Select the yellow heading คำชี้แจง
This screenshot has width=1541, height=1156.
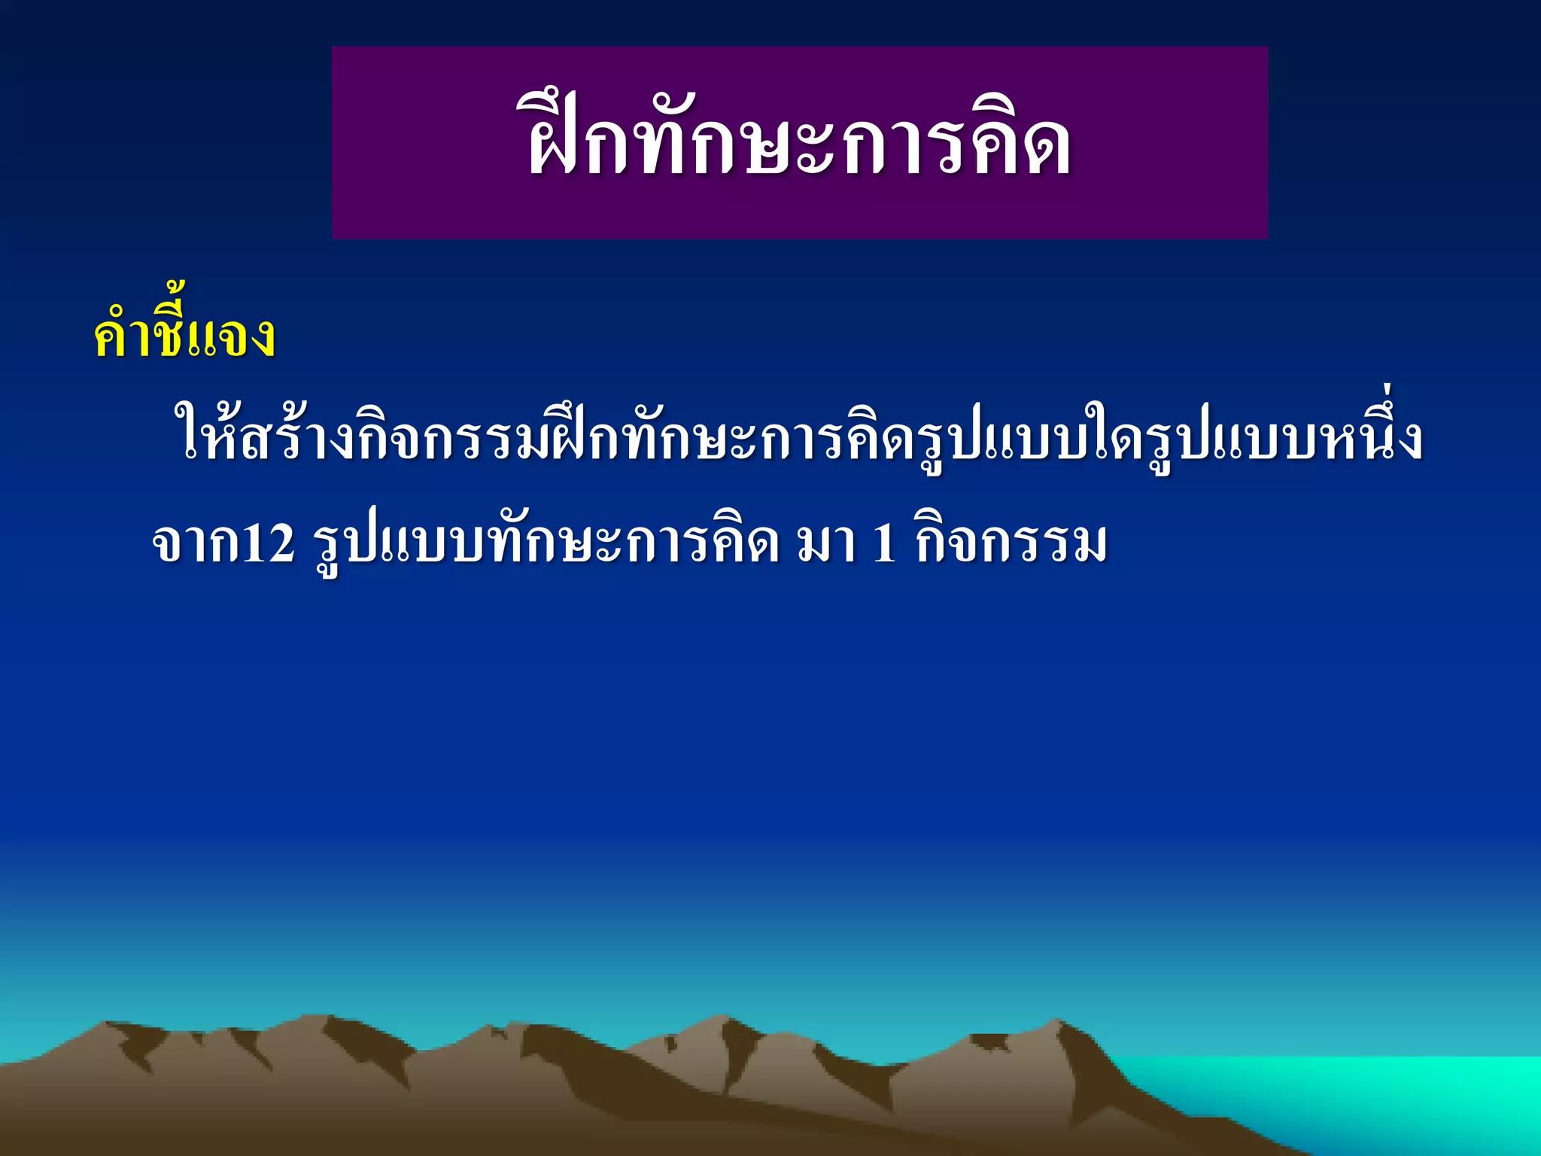click(x=184, y=336)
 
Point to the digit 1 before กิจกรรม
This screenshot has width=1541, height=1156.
click(x=884, y=543)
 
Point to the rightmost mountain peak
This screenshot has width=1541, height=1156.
click(x=1057, y=1024)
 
